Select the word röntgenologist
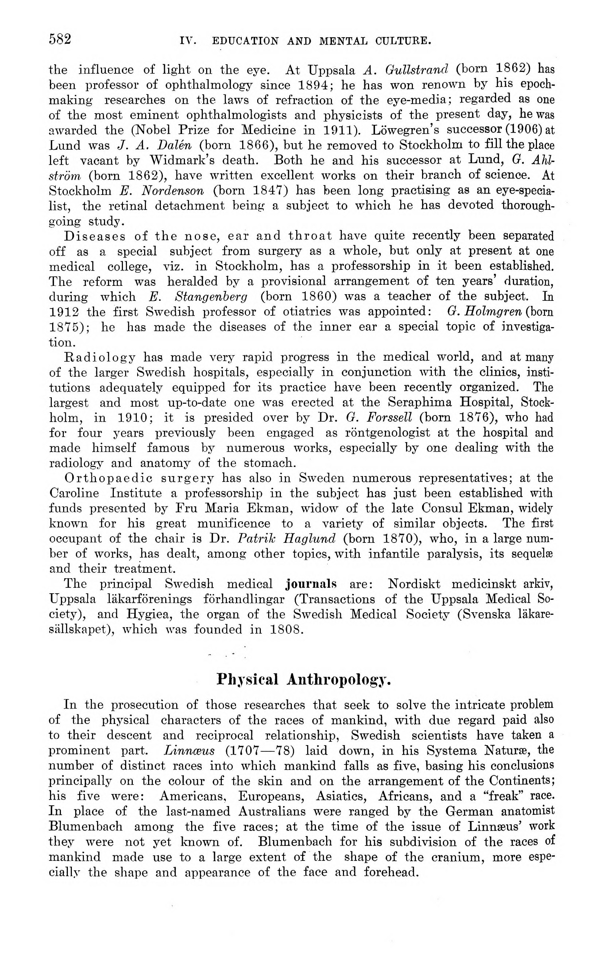pyautogui.click(x=388, y=433)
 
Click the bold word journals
pyautogui.click(x=311, y=584)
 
